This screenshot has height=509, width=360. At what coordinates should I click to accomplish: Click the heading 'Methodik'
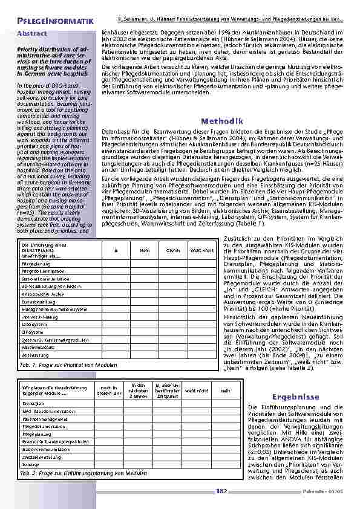pyautogui.click(x=222, y=122)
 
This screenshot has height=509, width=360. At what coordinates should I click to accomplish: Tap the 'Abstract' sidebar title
pyautogui.click(x=33, y=33)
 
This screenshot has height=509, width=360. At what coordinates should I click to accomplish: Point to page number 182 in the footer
pyautogui.click(x=221, y=491)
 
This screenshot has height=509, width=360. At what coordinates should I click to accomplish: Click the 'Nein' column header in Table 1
pyautogui.click(x=145, y=249)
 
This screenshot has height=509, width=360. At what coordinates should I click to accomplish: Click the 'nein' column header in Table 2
pyautogui.click(x=225, y=390)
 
